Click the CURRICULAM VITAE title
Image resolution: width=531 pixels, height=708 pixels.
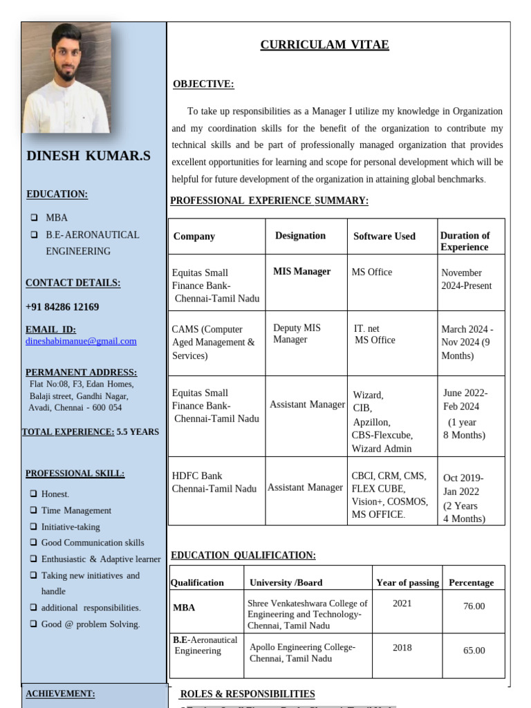point(324,45)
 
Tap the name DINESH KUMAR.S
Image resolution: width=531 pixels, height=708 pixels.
point(88,156)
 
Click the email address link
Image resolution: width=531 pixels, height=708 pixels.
point(81,341)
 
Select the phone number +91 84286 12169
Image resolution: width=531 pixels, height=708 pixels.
point(62,307)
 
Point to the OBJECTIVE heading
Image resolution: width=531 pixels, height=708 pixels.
point(203,84)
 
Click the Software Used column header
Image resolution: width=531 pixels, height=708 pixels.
point(384,236)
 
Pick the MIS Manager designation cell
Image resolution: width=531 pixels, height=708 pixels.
point(302,272)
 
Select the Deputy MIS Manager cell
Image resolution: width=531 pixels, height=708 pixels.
point(297,333)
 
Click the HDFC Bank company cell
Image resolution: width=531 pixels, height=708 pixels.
point(214,482)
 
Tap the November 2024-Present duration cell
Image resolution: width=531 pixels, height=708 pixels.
point(467,279)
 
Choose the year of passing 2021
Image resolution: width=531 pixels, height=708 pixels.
point(402,603)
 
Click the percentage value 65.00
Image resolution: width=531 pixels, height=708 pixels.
point(474,651)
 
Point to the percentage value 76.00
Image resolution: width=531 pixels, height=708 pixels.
point(474,606)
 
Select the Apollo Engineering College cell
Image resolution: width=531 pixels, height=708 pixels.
point(302,653)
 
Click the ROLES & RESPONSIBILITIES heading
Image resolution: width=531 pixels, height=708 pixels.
point(248,694)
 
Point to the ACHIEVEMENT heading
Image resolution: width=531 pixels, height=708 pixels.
point(60,693)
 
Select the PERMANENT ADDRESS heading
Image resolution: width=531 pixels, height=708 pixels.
point(81,372)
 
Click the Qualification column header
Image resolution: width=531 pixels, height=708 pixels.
point(198,583)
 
